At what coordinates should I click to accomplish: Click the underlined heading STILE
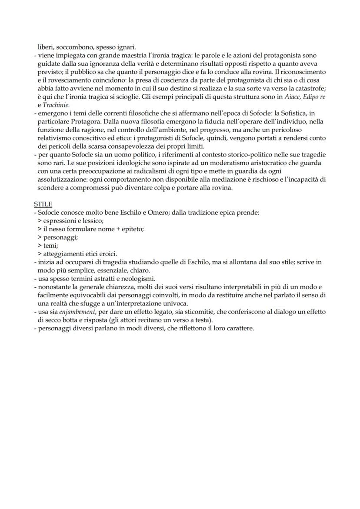tap(43, 204)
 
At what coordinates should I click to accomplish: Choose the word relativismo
tap(56, 138)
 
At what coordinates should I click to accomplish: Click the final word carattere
tap(239, 328)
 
